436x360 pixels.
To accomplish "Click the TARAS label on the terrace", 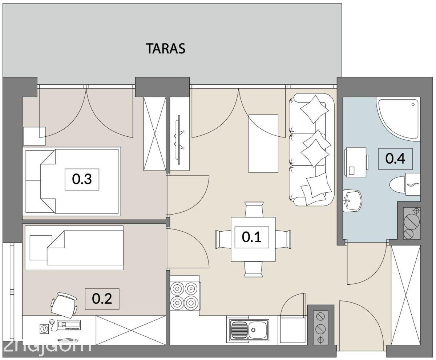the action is (x=166, y=48).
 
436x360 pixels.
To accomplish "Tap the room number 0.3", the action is (x=82, y=179).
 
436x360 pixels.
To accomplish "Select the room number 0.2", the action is (x=102, y=299).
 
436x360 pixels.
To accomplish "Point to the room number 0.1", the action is (x=252, y=237).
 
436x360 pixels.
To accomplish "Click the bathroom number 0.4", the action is (x=396, y=159).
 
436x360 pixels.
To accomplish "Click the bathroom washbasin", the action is (x=352, y=201).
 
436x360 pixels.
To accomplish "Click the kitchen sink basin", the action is (x=249, y=330).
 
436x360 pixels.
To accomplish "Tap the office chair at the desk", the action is (x=64, y=305).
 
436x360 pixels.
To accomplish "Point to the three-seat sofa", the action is (x=311, y=150).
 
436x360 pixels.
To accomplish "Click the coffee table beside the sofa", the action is (x=263, y=143).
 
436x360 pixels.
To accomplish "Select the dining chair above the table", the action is (x=254, y=209).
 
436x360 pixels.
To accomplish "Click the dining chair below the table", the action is (x=253, y=269).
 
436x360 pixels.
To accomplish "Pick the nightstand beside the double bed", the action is (x=34, y=136).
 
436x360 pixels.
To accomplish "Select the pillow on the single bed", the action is (x=41, y=248).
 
